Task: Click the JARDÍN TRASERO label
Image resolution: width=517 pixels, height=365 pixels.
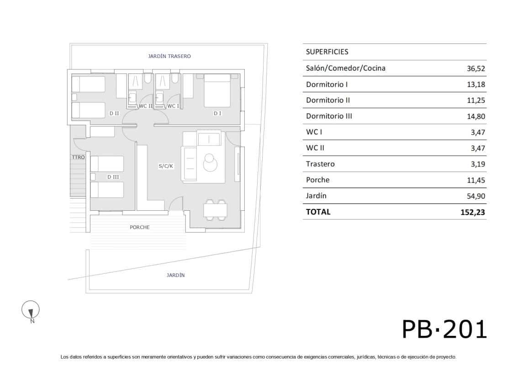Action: [x=169, y=56]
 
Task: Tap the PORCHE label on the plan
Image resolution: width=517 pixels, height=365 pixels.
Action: [x=140, y=227]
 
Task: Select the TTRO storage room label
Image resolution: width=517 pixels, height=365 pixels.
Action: [x=78, y=157]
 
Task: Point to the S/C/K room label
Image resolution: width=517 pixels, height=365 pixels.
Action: [x=166, y=166]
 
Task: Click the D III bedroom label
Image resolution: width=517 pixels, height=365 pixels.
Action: [x=113, y=177]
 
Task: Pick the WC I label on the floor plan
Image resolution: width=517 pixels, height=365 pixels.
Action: [x=173, y=106]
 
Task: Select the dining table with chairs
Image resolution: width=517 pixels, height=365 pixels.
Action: [x=216, y=210]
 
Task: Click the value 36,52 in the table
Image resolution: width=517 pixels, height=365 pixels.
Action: [x=475, y=68]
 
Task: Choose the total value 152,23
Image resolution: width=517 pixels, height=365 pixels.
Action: [x=473, y=212]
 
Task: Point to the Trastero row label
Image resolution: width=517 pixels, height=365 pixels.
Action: [x=320, y=164]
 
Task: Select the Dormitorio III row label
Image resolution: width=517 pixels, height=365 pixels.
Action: [x=329, y=116]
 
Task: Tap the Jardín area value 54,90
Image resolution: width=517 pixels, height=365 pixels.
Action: [x=475, y=196]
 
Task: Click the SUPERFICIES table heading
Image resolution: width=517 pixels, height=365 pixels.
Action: [x=327, y=52]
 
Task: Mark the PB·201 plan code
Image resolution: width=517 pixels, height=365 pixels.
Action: [x=444, y=329]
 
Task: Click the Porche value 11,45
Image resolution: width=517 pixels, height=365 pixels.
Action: [x=475, y=180]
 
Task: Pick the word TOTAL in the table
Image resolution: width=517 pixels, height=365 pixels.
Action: [x=318, y=212]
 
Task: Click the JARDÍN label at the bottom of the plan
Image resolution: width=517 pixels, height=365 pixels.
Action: [x=176, y=275]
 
